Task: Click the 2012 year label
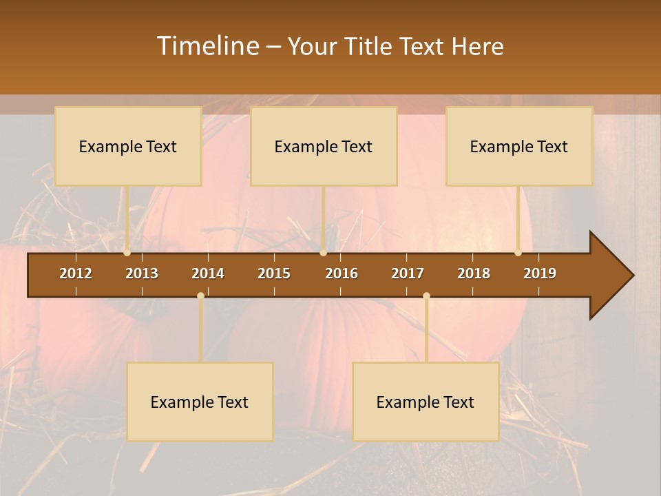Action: pos(76,273)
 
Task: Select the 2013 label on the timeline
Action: pos(142,273)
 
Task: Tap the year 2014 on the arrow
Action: pos(208,273)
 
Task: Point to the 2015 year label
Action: pos(274,273)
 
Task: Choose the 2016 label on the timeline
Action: pos(342,273)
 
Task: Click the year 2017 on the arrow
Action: pos(408,273)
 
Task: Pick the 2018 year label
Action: pos(474,273)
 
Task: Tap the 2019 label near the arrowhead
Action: pos(540,273)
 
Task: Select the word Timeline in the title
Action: pos(207,46)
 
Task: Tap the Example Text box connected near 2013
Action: pos(128,146)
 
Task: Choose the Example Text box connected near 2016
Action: pos(324,146)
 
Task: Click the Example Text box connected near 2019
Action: pos(519,146)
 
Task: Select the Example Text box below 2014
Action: pos(200,402)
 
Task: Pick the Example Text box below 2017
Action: pos(426,402)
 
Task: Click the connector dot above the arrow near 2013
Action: pos(127,253)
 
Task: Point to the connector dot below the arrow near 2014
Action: pos(200,296)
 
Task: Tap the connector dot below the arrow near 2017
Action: pos(426,296)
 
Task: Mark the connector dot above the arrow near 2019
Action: pos(518,253)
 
